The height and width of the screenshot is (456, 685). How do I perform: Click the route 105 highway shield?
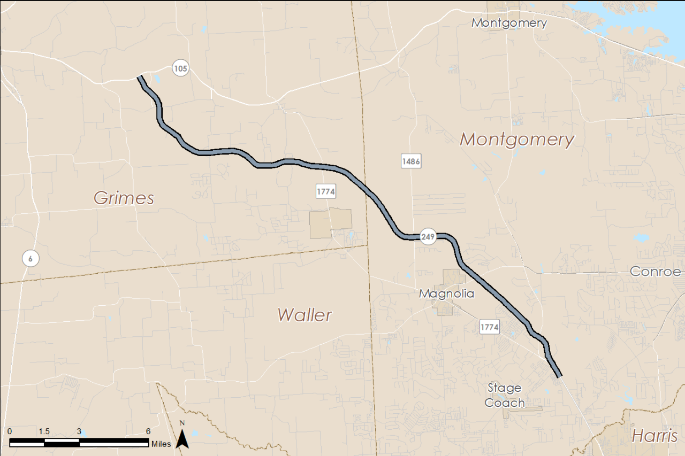pyautogui.click(x=180, y=68)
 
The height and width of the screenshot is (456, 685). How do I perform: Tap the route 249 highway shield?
pyautogui.click(x=428, y=236)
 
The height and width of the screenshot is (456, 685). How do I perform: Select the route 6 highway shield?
pyautogui.click(x=31, y=259)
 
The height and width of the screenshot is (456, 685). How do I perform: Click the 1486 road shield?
pyautogui.click(x=410, y=161)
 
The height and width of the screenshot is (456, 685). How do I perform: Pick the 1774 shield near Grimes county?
pyautogui.click(x=325, y=191)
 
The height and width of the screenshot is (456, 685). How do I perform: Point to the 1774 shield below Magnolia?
pyautogui.click(x=489, y=327)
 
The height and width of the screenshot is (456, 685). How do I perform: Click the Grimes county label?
pyautogui.click(x=124, y=198)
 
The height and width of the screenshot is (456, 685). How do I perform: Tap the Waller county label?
pyautogui.click(x=305, y=315)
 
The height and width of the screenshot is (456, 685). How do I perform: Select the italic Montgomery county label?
pyautogui.click(x=517, y=140)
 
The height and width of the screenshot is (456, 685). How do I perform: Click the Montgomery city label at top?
pyautogui.click(x=509, y=23)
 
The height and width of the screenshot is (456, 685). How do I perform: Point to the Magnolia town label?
pyautogui.click(x=446, y=293)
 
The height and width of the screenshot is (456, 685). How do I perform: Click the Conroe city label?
pyautogui.click(x=655, y=271)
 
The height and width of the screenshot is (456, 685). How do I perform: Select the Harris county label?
pyautogui.click(x=654, y=436)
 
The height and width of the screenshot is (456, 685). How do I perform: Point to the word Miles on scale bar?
pyautogui.click(x=161, y=444)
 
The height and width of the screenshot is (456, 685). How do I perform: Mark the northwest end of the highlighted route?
pyautogui.click(x=140, y=78)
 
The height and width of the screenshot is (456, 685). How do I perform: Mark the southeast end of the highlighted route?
pyautogui.click(x=560, y=376)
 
